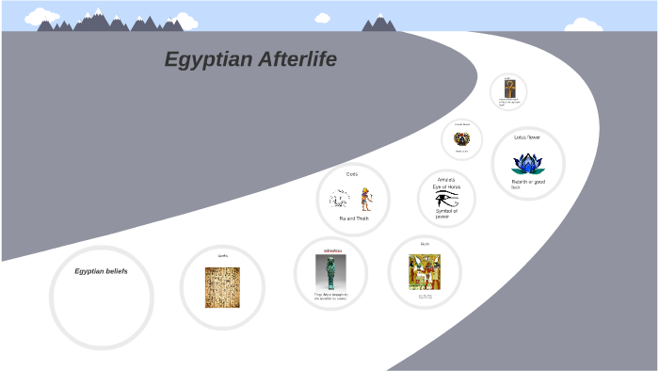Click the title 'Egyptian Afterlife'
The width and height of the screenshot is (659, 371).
250,59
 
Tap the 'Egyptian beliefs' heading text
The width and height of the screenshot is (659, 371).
101,271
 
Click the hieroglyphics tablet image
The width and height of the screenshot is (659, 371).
222,287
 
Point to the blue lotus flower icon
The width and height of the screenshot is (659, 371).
527,162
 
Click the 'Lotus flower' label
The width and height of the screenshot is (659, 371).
527,137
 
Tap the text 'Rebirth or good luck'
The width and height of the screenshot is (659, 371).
526,184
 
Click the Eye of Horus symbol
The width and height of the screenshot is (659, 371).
446,199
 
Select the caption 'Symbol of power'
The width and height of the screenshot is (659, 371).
445,213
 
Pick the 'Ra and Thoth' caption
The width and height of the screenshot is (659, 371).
354,218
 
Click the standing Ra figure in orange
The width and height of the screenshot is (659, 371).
365,198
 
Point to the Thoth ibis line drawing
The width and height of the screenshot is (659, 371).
340,200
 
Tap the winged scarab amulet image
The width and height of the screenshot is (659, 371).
461,139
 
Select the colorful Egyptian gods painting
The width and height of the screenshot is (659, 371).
426,272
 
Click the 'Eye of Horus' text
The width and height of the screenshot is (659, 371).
446,186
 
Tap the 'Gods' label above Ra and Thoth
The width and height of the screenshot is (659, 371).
352,174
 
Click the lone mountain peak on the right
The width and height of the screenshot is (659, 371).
379,23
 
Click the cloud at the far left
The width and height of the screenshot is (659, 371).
40,16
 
